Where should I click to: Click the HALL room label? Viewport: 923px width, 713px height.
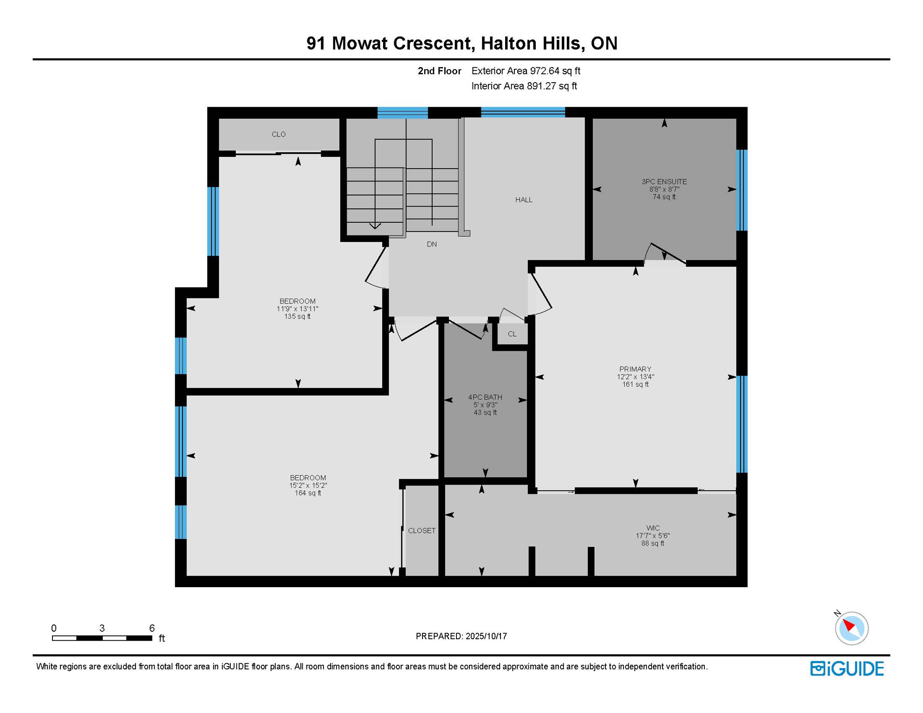tap(524, 200)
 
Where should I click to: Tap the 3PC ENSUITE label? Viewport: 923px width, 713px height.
tap(664, 181)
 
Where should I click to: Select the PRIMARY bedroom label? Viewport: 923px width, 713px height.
tap(635, 369)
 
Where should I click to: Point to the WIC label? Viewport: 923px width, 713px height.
tap(653, 528)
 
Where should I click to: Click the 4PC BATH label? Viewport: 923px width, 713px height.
tap(485, 397)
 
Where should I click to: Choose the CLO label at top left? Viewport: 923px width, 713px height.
tap(279, 134)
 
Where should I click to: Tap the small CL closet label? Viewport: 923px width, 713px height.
tap(512, 334)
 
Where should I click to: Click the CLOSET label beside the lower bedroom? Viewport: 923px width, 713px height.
tap(422, 531)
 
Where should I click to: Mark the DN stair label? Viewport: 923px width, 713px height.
tap(432, 244)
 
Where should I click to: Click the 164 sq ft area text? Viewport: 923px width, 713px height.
tap(308, 493)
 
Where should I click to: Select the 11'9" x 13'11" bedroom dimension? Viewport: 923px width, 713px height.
tap(298, 309)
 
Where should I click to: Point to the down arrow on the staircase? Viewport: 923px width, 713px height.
tap(375, 226)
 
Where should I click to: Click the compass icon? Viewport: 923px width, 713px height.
tap(851, 628)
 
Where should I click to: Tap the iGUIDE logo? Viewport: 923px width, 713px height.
tap(847, 668)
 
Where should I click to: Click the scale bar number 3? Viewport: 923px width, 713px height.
tap(102, 628)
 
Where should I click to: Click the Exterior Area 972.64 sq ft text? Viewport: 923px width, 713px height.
tap(526, 71)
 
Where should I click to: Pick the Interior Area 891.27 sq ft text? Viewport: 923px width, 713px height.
tap(524, 86)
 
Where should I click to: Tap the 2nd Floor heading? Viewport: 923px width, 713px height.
tap(439, 71)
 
